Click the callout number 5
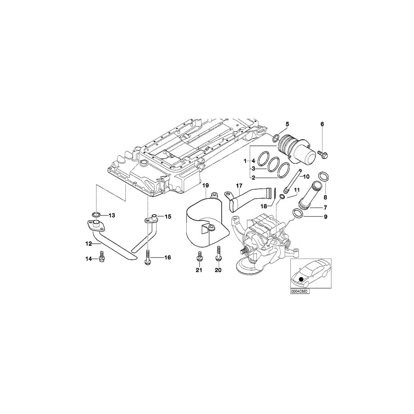[x=287, y=124]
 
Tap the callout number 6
[x=322, y=124]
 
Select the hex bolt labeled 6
[x=322, y=155]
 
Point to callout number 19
[x=206, y=185]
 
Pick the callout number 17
[x=239, y=186]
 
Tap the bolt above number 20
[x=218, y=254]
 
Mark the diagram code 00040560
[x=299, y=291]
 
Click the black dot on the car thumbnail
[x=301, y=279]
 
